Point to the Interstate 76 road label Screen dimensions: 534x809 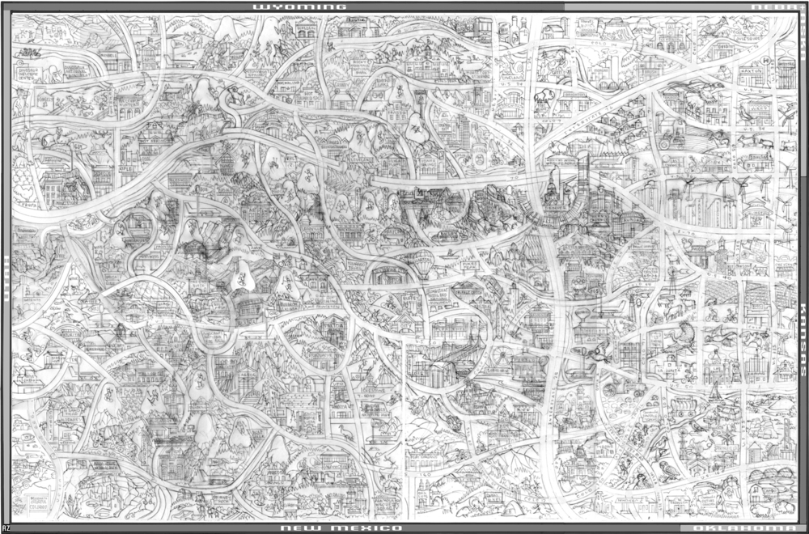pos(566,121)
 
